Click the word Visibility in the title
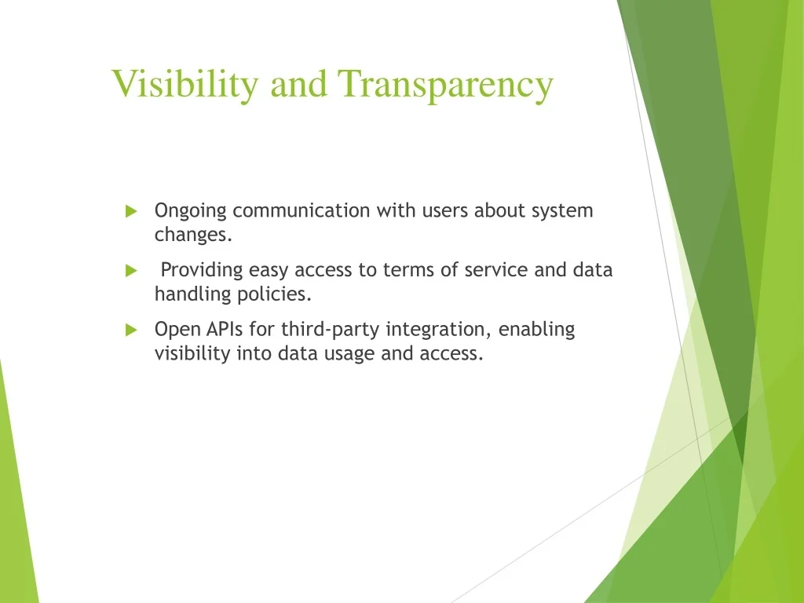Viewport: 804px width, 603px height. tap(185, 84)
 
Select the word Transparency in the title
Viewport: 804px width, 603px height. tap(445, 84)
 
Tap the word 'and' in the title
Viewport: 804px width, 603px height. tap(298, 83)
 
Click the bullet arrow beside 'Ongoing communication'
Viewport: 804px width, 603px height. tap(131, 210)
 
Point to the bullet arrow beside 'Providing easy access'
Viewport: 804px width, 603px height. tap(131, 270)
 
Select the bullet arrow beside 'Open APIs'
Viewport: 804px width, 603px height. tap(131, 330)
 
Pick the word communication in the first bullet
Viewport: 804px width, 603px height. tap(301, 210)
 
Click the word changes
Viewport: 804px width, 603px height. tap(193, 234)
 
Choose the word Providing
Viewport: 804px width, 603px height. tap(202, 271)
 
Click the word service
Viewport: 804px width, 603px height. tap(496, 270)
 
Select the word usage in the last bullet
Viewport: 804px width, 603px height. tap(349, 355)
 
